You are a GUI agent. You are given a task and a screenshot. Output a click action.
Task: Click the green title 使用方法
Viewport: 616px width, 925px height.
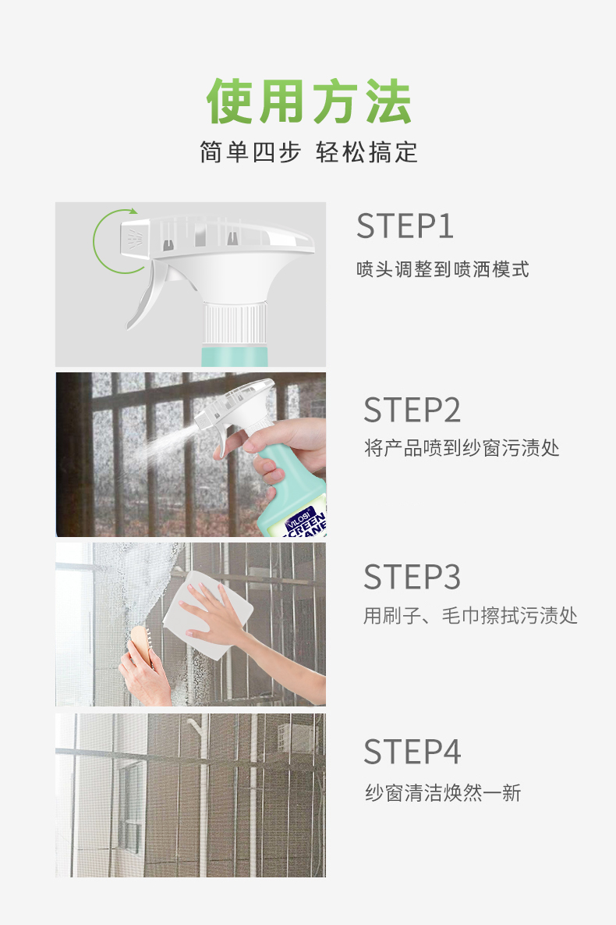point(309,101)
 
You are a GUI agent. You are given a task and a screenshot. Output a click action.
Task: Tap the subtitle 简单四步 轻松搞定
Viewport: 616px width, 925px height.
point(309,152)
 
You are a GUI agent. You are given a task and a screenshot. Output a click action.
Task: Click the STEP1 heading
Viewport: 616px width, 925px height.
point(405,226)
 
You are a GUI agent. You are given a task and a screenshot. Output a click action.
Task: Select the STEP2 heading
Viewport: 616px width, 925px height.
point(412,410)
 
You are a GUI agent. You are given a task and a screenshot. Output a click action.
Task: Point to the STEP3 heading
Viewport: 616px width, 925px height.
point(412,577)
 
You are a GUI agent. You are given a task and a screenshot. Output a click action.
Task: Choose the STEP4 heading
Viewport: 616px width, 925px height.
point(412,752)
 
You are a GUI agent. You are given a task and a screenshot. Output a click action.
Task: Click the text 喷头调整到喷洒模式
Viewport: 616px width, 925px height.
point(443,270)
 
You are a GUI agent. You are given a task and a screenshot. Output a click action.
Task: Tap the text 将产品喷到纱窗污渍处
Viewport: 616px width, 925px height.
point(462,448)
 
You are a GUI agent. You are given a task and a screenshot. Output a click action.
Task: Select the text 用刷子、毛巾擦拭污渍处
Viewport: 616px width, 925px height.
point(470,616)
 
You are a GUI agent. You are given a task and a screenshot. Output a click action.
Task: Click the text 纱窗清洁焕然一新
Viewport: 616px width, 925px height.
point(443,794)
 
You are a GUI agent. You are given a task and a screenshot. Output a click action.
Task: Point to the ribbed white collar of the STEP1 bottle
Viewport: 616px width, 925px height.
point(235,325)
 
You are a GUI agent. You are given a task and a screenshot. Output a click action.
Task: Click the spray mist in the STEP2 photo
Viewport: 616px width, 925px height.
point(156,446)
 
